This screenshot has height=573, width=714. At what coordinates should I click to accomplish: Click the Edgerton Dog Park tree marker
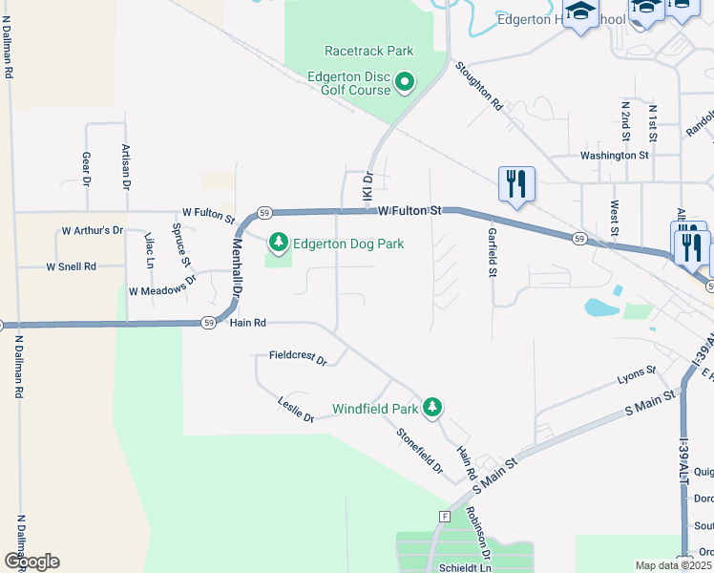[279, 244]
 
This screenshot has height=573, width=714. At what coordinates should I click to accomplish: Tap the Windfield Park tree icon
[433, 408]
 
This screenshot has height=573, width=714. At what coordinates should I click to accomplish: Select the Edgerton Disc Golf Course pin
[404, 83]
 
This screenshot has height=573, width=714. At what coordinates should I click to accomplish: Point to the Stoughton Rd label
[478, 87]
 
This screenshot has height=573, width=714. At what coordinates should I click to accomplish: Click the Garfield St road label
[493, 252]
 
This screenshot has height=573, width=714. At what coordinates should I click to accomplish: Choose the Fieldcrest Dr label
[298, 361]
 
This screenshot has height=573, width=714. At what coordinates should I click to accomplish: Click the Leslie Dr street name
[296, 411]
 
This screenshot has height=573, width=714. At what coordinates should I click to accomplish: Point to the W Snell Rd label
[72, 267]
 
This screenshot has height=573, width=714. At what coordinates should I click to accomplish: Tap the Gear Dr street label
[86, 168]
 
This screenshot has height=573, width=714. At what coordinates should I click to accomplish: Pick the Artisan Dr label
[125, 167]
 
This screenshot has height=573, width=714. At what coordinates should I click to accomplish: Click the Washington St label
[615, 155]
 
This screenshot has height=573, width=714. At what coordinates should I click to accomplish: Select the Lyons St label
[637, 374]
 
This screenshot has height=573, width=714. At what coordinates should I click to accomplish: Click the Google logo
[31, 562]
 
